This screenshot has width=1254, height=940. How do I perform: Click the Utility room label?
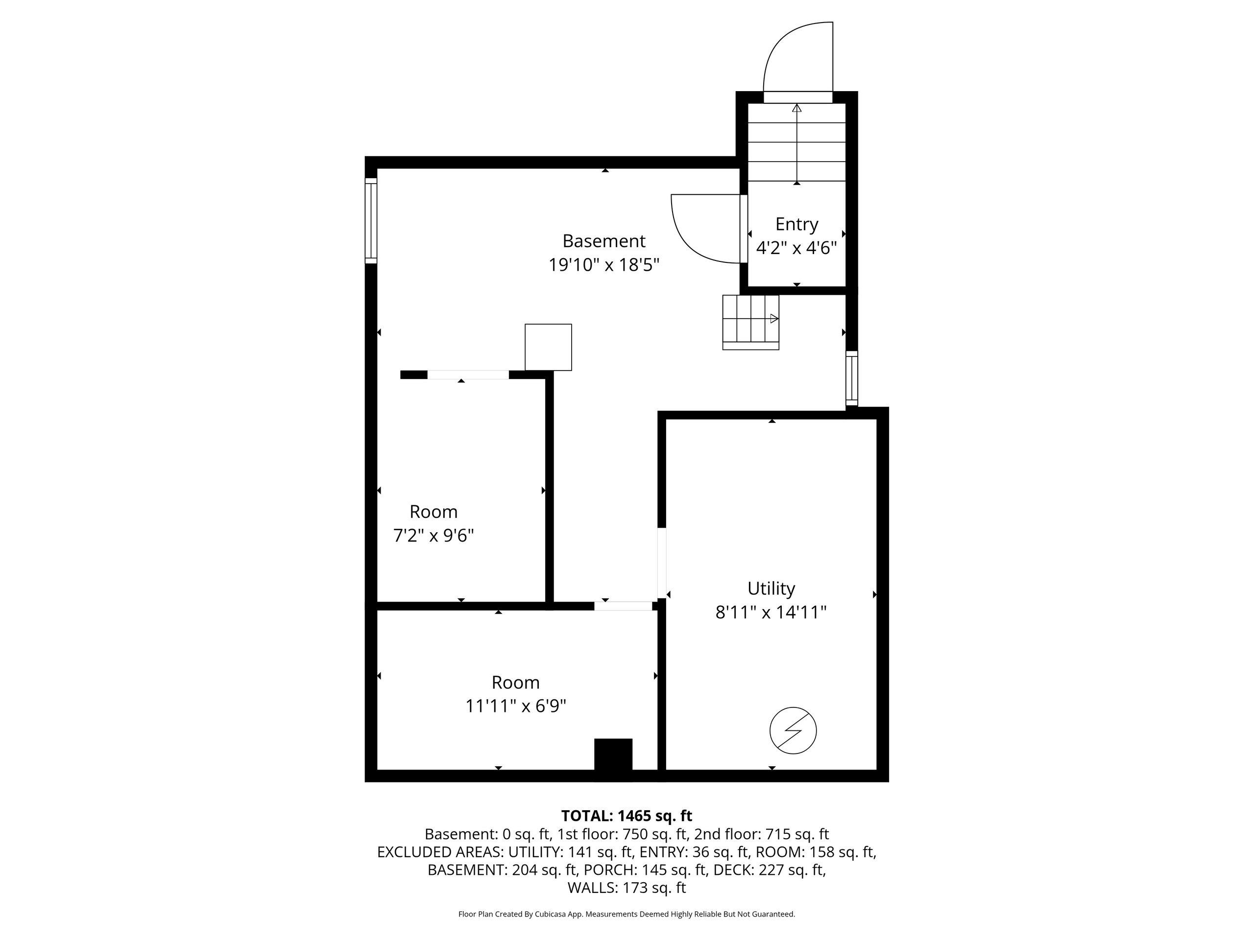coord(771,588)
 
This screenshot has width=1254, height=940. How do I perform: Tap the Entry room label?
coord(796,224)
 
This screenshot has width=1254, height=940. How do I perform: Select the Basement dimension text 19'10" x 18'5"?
coord(604,264)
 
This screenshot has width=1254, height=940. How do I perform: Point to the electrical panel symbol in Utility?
coord(793,730)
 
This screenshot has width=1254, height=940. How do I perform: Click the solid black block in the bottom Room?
coord(613,754)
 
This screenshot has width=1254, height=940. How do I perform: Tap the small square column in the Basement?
coord(548,347)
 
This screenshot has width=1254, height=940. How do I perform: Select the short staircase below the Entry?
coord(750,323)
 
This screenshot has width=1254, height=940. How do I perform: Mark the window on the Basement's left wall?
coord(371,220)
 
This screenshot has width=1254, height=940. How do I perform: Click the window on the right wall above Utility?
coord(851,378)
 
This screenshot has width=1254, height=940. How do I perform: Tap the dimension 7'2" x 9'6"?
coord(434,536)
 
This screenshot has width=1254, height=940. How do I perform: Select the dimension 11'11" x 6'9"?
coord(516,706)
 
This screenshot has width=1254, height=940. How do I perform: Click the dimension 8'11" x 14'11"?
coord(771,612)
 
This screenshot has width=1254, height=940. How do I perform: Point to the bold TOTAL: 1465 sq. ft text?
coord(627,816)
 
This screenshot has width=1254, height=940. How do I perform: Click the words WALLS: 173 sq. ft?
coord(627,888)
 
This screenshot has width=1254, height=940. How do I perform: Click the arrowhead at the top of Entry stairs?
coord(797,108)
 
